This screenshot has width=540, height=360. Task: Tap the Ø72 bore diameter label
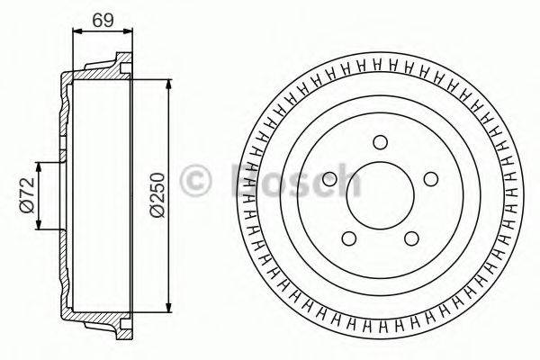[x=26, y=195]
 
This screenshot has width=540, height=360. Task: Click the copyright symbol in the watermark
[x=197, y=180]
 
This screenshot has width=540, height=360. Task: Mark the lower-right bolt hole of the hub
[x=412, y=238]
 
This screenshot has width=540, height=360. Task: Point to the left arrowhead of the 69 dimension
[x=75, y=31]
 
